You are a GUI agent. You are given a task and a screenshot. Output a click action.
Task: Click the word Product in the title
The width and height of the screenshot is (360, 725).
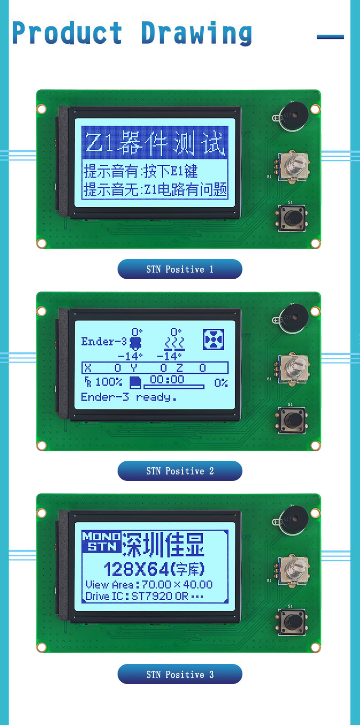tap(67, 32)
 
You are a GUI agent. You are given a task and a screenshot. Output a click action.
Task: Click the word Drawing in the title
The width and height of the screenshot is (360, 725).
tap(196, 33)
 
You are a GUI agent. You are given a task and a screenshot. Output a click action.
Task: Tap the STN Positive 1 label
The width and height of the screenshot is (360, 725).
tap(180, 269)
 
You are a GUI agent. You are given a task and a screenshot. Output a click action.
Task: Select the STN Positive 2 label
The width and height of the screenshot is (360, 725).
tap(180, 471)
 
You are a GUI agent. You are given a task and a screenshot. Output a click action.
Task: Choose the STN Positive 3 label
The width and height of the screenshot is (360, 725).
tap(180, 674)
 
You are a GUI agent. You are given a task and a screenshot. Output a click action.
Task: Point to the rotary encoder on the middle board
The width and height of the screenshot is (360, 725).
tap(293, 369)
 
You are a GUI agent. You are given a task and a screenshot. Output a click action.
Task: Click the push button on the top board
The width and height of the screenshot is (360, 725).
tap(292, 218)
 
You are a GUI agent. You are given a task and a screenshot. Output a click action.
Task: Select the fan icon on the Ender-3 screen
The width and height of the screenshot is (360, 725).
tap(214, 339)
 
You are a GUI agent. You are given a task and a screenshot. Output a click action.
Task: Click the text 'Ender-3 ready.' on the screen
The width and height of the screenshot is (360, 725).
tap(129, 397)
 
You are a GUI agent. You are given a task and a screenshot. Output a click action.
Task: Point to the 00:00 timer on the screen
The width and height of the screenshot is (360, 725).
tap(167, 379)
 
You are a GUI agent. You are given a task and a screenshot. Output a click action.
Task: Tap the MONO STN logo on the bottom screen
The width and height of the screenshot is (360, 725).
tap(101, 541)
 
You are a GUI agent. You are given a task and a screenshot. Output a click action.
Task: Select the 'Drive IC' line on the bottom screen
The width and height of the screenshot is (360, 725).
tap(144, 596)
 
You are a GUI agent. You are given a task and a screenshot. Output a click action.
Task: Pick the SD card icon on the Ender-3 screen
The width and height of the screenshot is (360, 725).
tap(136, 382)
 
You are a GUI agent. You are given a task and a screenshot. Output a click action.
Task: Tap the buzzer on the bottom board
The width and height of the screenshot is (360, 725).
tap(293, 520)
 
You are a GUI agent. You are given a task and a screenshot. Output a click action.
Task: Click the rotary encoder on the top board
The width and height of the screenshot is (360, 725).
tap(293, 167)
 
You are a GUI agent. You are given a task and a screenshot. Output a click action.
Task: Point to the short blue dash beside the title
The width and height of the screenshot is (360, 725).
tap(330, 37)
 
